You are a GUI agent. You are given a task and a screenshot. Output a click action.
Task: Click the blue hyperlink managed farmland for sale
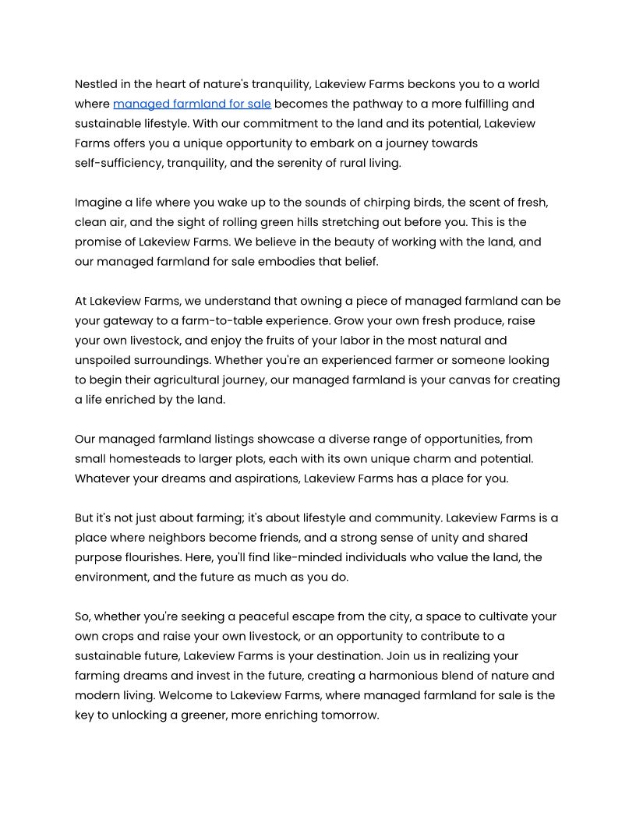(192, 104)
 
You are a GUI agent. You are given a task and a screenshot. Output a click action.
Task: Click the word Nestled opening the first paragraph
(97, 84)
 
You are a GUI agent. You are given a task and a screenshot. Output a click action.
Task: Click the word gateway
(129, 321)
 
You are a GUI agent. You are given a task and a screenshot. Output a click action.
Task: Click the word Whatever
(103, 479)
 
